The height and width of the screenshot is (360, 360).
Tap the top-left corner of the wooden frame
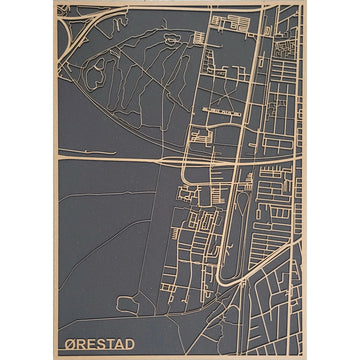click(x=57, y=4)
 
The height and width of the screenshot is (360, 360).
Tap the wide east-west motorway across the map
click(x=120, y=158)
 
